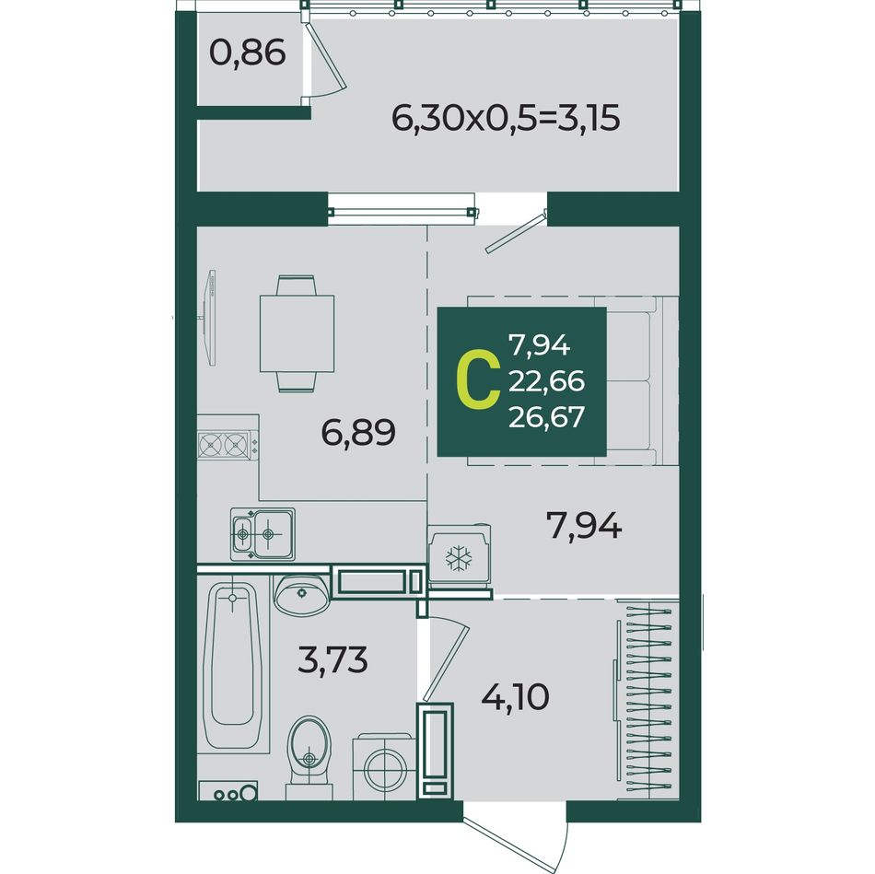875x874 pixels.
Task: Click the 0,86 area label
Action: (x=247, y=53)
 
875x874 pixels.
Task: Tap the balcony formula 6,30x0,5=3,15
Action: (x=506, y=118)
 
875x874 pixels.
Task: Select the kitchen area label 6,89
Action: (x=358, y=433)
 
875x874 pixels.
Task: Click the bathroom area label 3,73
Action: (x=332, y=659)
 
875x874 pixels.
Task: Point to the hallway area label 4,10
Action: (x=515, y=696)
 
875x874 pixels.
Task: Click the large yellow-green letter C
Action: (x=478, y=380)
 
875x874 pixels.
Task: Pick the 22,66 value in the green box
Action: (x=546, y=381)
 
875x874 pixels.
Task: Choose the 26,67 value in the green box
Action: (x=546, y=416)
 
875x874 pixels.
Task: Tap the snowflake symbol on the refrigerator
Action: (x=458, y=558)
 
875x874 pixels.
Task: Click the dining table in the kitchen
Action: (x=297, y=333)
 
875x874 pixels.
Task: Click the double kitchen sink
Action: (x=262, y=534)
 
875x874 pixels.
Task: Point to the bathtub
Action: (x=233, y=665)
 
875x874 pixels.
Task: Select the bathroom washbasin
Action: (x=301, y=595)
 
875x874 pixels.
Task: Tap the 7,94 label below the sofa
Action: (x=584, y=526)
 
